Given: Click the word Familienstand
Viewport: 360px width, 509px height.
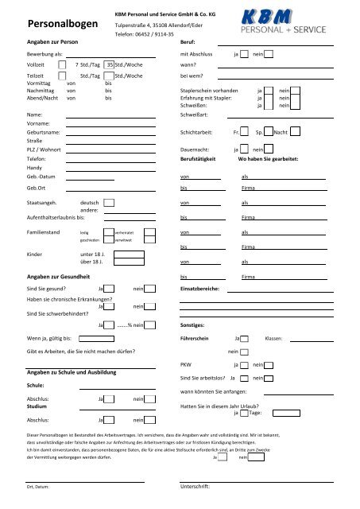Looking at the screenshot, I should (47, 232).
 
